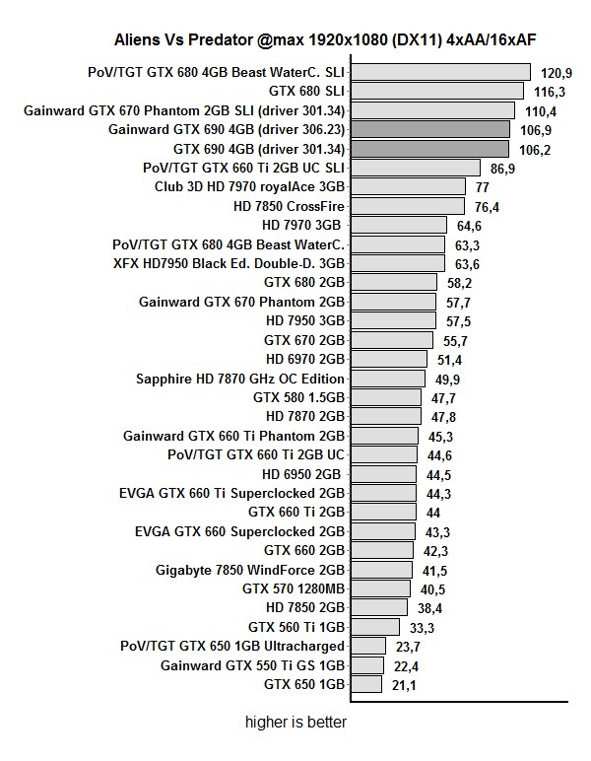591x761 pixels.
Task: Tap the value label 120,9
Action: point(557,73)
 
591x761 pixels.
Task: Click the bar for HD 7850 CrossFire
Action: point(407,206)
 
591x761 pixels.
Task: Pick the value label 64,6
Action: point(469,227)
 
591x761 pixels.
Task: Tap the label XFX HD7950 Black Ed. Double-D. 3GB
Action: point(230,263)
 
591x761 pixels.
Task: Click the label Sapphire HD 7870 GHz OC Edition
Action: point(240,379)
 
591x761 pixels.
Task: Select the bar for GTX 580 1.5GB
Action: point(387,397)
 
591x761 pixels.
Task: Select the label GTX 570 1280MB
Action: point(294,588)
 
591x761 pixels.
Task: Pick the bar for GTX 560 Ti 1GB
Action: point(375,627)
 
